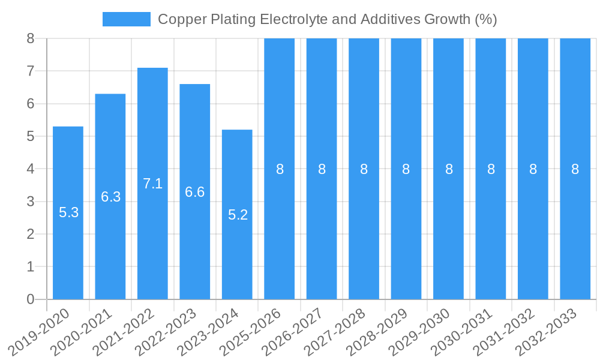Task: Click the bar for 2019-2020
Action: click(x=68, y=240)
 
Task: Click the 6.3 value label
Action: click(x=111, y=197)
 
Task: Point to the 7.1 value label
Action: click(x=153, y=184)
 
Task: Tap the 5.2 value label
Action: click(x=238, y=215)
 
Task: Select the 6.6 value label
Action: click(x=195, y=192)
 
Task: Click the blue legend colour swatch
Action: click(x=127, y=19)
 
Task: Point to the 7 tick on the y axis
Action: click(x=31, y=71)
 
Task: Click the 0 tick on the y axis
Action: click(x=31, y=299)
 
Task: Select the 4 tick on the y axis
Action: click(x=31, y=169)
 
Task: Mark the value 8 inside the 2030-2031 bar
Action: click(x=491, y=169)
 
